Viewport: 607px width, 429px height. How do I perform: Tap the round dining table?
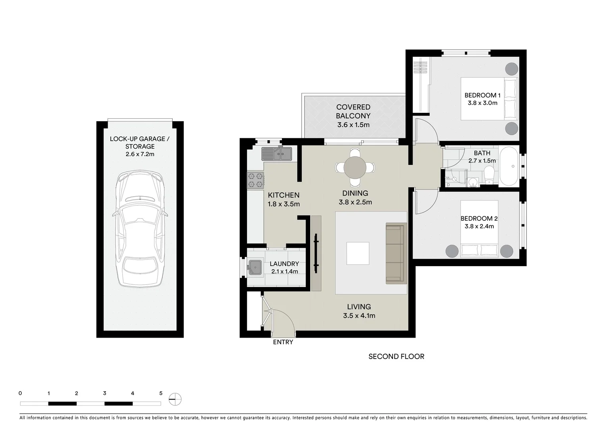click(x=355, y=168)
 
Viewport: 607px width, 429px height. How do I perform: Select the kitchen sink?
click(x=277, y=154)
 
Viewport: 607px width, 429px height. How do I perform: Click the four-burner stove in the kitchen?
click(x=255, y=180)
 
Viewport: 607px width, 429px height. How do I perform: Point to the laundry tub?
click(x=255, y=267)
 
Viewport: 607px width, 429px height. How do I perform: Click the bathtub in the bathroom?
click(x=509, y=166)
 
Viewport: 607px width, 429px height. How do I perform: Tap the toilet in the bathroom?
click(x=489, y=175)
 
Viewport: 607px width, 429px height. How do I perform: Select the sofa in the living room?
click(x=396, y=253)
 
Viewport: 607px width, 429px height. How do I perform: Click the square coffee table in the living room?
click(x=358, y=253)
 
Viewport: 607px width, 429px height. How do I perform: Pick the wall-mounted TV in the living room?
click(x=316, y=253)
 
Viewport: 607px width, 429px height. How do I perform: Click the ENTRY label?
click(x=283, y=342)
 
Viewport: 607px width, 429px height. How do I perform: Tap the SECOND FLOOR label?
click(x=396, y=356)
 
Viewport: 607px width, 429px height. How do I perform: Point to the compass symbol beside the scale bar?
click(x=175, y=399)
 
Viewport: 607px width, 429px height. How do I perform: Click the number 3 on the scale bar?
click(x=104, y=393)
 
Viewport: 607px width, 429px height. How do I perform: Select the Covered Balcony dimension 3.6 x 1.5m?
click(x=353, y=125)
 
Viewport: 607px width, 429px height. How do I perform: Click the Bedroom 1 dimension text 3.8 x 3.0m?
click(x=482, y=103)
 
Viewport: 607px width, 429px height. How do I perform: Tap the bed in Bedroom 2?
click(x=480, y=228)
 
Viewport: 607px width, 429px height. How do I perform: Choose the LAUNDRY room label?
click(x=284, y=264)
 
